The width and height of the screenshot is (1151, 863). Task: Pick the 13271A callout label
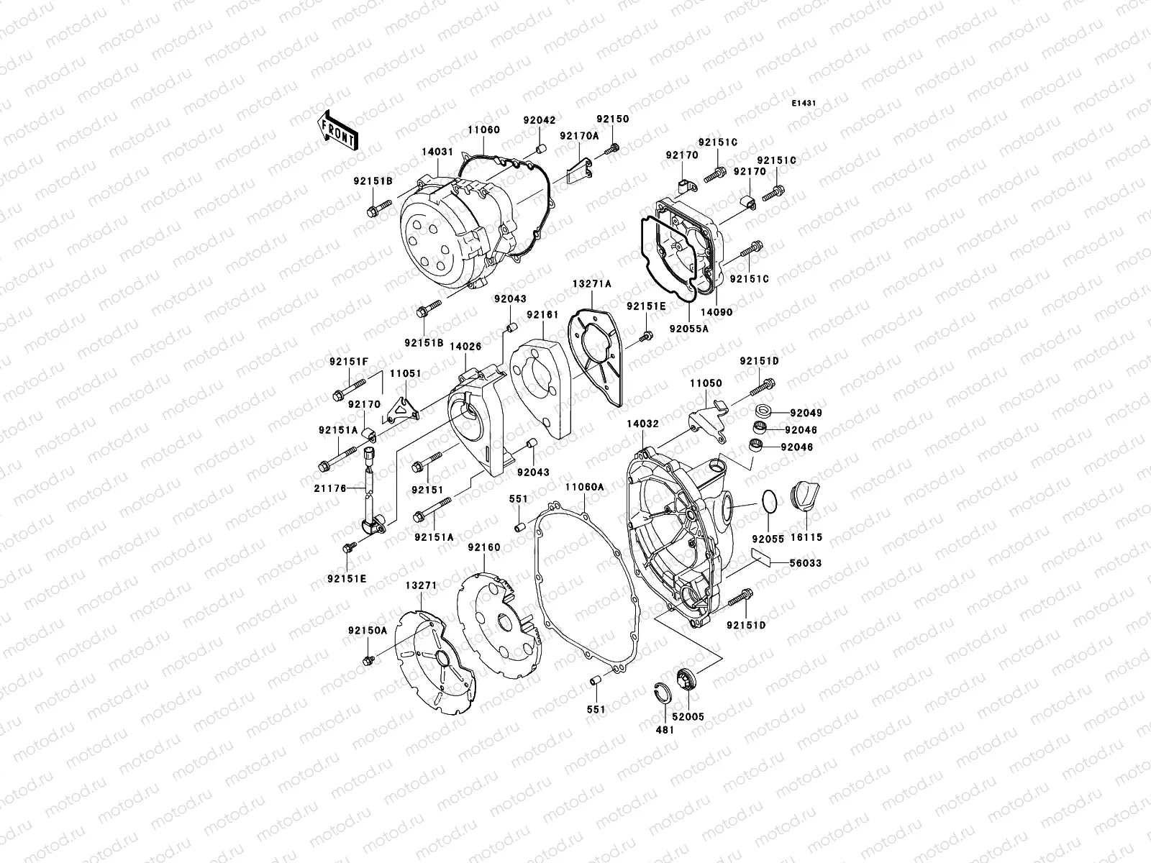(x=591, y=284)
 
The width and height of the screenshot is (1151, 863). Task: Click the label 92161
(x=541, y=314)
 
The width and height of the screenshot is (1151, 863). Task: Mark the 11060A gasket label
(x=584, y=487)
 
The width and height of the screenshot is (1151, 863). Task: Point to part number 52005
(x=688, y=716)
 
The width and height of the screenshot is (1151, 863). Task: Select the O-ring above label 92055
(x=768, y=502)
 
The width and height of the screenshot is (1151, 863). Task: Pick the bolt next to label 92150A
(x=368, y=659)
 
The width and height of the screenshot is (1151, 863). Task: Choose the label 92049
(x=805, y=414)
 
